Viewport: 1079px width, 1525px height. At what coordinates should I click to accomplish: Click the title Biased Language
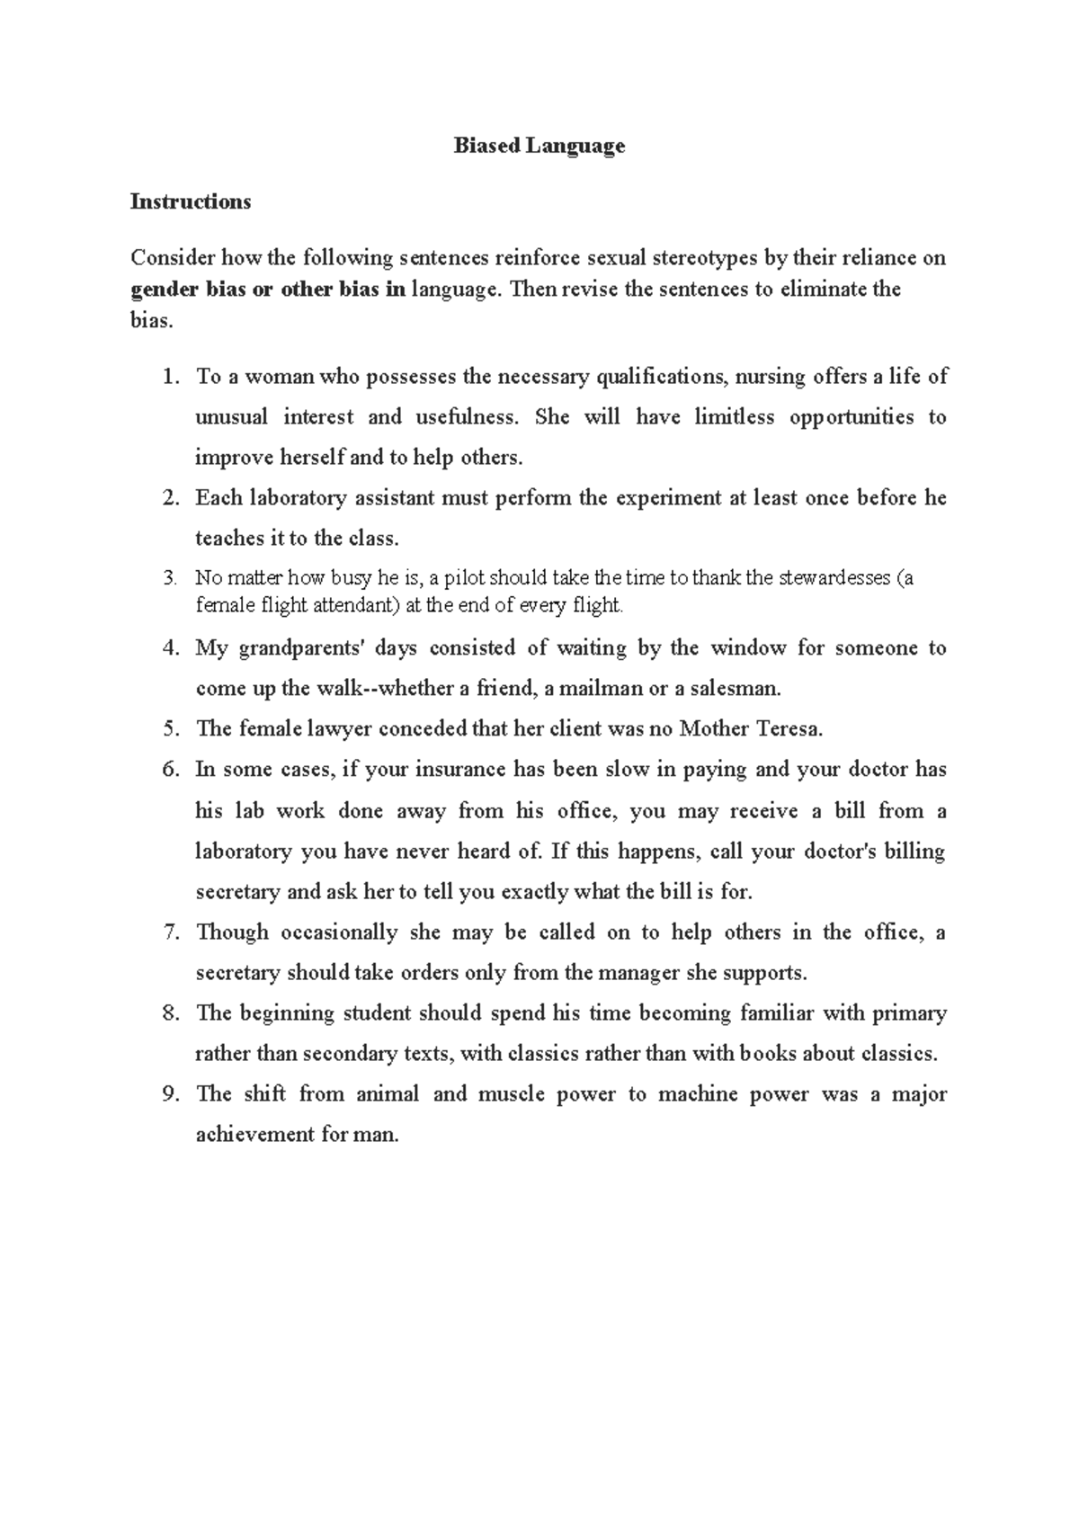539,146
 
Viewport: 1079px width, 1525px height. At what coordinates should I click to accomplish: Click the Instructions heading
190,201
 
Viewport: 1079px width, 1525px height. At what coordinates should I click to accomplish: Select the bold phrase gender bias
188,290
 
